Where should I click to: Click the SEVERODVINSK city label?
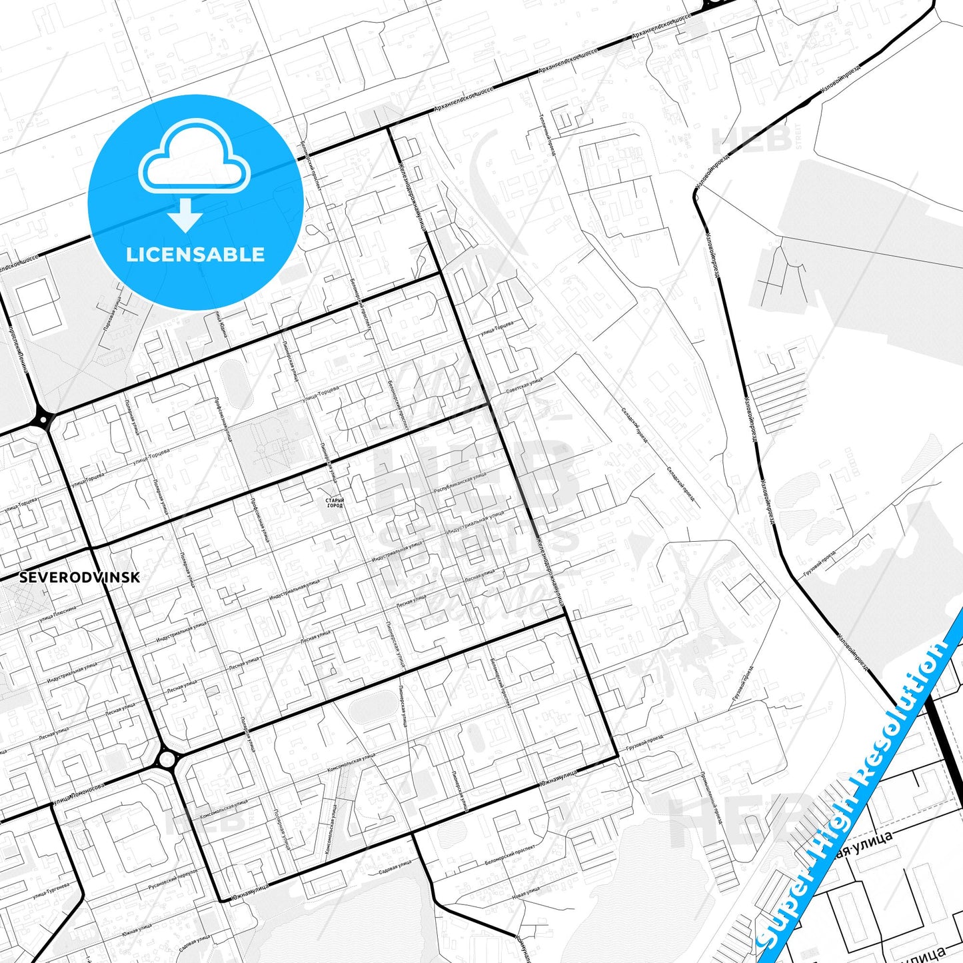tap(79, 577)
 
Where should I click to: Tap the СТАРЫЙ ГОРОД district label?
tap(335, 502)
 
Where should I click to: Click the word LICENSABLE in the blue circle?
tap(195, 255)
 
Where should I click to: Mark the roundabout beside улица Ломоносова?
tap(167, 759)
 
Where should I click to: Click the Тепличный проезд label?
tap(547, 133)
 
